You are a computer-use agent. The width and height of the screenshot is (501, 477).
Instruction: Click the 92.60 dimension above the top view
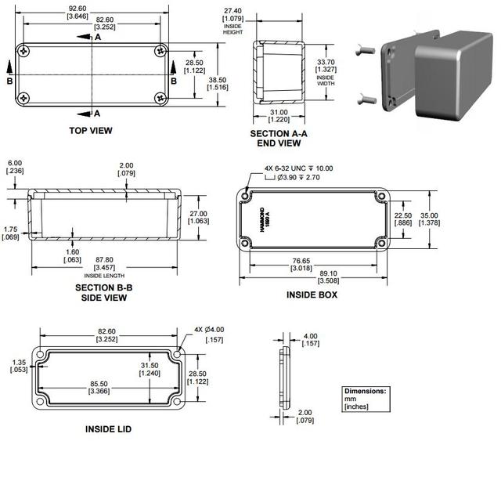coord(77,9)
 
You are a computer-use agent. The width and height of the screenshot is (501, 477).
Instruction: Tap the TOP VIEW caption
coord(91,131)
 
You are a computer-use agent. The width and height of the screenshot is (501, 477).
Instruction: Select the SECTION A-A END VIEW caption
coord(279,138)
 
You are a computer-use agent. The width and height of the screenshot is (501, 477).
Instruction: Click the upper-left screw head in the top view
coord(24,51)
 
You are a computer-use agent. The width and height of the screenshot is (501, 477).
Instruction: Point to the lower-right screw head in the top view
coord(160,98)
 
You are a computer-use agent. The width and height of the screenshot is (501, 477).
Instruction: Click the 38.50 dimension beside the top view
coord(218,80)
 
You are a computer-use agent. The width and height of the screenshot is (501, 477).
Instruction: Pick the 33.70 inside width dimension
coord(326,62)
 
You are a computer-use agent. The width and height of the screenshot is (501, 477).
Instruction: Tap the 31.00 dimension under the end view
coord(279,112)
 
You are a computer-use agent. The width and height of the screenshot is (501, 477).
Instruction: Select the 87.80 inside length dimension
coord(104,260)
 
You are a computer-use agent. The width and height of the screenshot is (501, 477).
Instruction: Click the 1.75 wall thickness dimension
coord(10,229)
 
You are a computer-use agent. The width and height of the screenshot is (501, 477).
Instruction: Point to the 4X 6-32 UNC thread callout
coord(298,168)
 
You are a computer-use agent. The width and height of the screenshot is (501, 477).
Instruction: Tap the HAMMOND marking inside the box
coord(262,219)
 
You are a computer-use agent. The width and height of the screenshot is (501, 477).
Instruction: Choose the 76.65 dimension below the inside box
coord(301,261)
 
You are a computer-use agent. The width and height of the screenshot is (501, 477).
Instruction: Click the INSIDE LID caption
coord(108,429)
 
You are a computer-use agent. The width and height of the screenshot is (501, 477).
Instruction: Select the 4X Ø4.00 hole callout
coord(209,330)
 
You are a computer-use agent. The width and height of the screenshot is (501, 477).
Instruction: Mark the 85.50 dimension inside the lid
coord(99,384)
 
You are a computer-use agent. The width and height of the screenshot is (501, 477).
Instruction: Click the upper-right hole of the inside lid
coord(178,354)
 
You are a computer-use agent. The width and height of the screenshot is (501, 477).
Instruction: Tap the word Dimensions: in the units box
coord(366,391)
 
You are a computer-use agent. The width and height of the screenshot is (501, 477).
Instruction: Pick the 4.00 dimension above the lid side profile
coord(310,336)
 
